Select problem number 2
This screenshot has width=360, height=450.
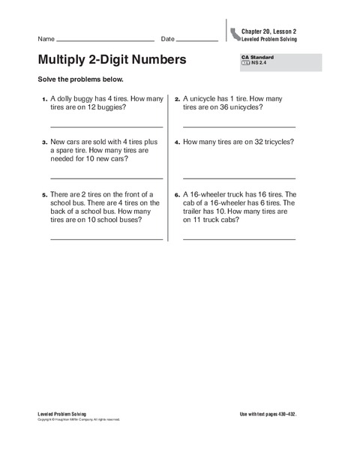[x=176, y=99]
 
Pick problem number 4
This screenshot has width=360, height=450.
[x=176, y=142]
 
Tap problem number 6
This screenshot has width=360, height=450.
[x=176, y=194]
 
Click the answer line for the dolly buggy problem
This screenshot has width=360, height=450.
[x=106, y=126]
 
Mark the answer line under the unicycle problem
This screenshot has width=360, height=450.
[x=238, y=126]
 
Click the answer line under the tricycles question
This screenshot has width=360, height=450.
[x=238, y=178]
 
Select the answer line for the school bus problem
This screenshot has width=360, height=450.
[x=106, y=238]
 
